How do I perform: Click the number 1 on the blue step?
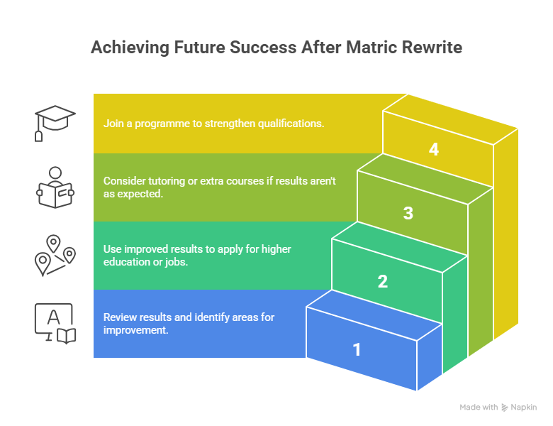click(x=357, y=349)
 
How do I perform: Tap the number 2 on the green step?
click(x=383, y=281)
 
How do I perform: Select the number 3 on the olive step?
click(x=408, y=213)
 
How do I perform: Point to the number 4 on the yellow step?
click(x=434, y=149)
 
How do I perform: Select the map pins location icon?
click(x=55, y=256)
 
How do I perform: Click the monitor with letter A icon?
click(x=55, y=324)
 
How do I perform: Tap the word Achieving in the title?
click(x=128, y=48)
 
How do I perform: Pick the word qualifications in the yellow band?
click(x=290, y=124)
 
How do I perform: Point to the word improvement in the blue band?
click(x=135, y=330)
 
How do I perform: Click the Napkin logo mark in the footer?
click(x=504, y=408)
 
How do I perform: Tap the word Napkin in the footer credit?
click(x=524, y=408)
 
